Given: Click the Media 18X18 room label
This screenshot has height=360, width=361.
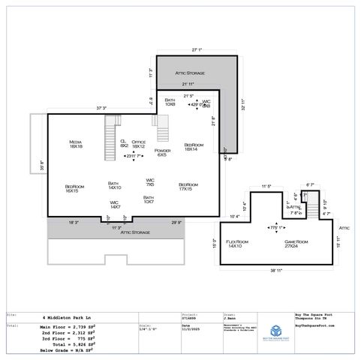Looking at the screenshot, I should pyautogui.click(x=75, y=144).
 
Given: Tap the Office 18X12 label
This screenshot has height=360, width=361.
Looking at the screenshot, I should pyautogui.click(x=138, y=144).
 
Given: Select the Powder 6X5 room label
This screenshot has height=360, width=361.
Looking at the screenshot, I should pyautogui.click(x=161, y=153).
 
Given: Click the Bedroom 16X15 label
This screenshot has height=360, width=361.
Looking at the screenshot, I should pyautogui.click(x=72, y=189).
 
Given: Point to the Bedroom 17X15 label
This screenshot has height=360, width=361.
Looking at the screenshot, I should pyautogui.click(x=188, y=187).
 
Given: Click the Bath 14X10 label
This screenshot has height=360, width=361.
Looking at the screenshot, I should pyautogui.click(x=115, y=185).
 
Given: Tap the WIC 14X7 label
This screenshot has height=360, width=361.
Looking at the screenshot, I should pyautogui.click(x=115, y=204).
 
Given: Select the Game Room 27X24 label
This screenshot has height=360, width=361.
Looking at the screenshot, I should pyautogui.click(x=296, y=244).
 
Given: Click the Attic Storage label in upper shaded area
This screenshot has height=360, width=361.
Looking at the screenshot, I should pyautogui.click(x=190, y=72).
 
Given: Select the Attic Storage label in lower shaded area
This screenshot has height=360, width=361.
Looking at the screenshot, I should pyautogui.click(x=135, y=232).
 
